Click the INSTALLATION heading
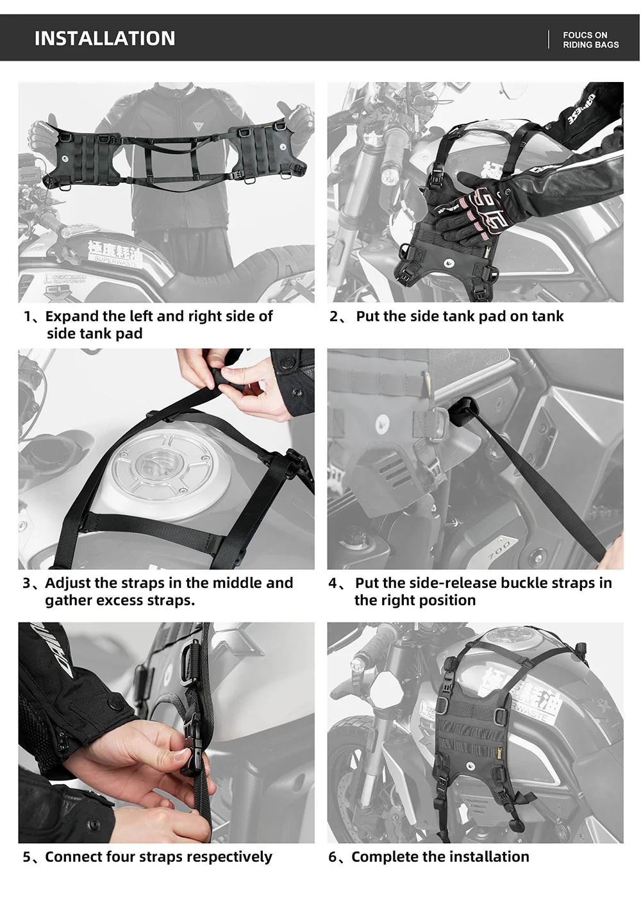click(x=104, y=38)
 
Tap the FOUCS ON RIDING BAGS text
click(x=590, y=40)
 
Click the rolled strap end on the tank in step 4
click(x=463, y=410)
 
